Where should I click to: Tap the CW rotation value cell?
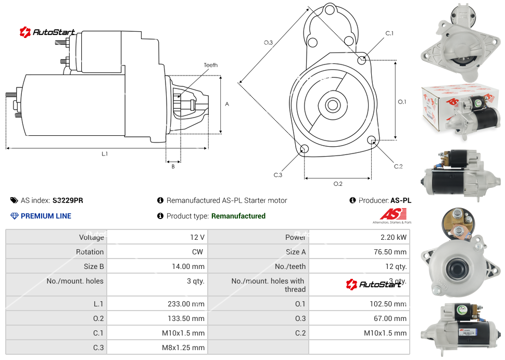pyautogui.click(x=198, y=252)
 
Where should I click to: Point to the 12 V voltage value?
pyautogui.click(x=197, y=237)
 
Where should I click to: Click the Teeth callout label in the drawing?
pyautogui.click(x=211, y=65)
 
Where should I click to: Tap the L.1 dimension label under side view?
pyautogui.click(x=105, y=153)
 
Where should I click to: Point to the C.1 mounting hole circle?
pyautogui.click(x=362, y=60)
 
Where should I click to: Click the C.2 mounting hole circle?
pyautogui.click(x=372, y=140)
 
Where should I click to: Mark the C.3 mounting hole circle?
pyautogui.click(x=305, y=150)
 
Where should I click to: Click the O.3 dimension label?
pyautogui.click(x=268, y=42)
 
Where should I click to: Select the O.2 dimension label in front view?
pyautogui.click(x=337, y=184)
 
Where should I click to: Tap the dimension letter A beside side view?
pyautogui.click(x=227, y=104)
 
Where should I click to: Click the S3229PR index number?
pyautogui.click(x=68, y=200)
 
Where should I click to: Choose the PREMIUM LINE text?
pyautogui.click(x=46, y=216)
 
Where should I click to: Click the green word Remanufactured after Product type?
pyautogui.click(x=238, y=216)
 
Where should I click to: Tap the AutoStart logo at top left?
pyautogui.click(x=47, y=32)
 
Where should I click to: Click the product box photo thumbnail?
pyautogui.click(x=460, y=110)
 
